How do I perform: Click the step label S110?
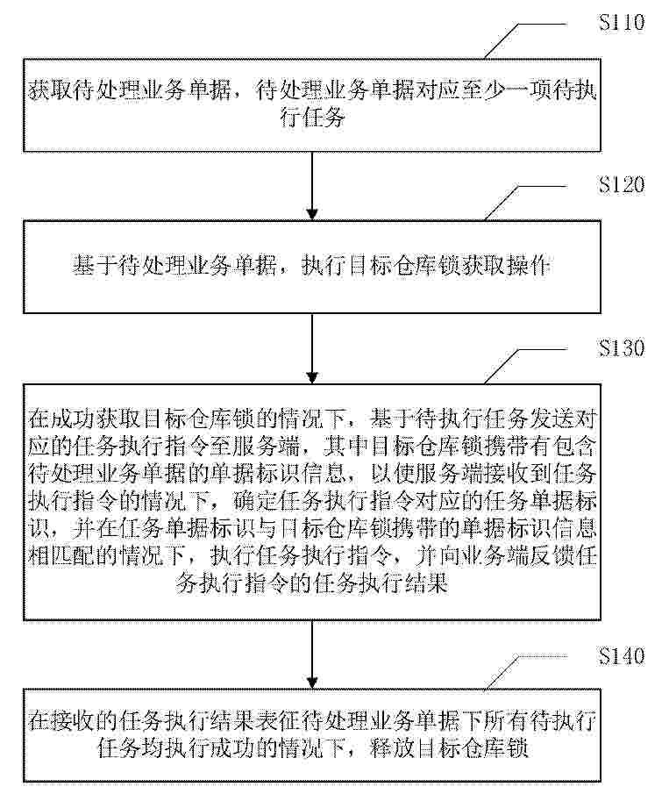point(622,22)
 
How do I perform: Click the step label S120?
point(622,184)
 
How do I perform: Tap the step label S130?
point(622,348)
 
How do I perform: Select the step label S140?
point(622,655)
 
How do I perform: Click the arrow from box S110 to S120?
point(312,186)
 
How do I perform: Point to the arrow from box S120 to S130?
point(312,348)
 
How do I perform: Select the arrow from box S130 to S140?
point(312,655)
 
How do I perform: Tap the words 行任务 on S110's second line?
point(312,118)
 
